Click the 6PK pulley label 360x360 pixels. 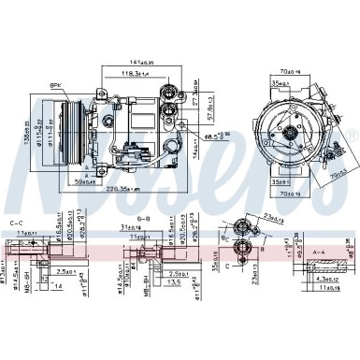[55, 86]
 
